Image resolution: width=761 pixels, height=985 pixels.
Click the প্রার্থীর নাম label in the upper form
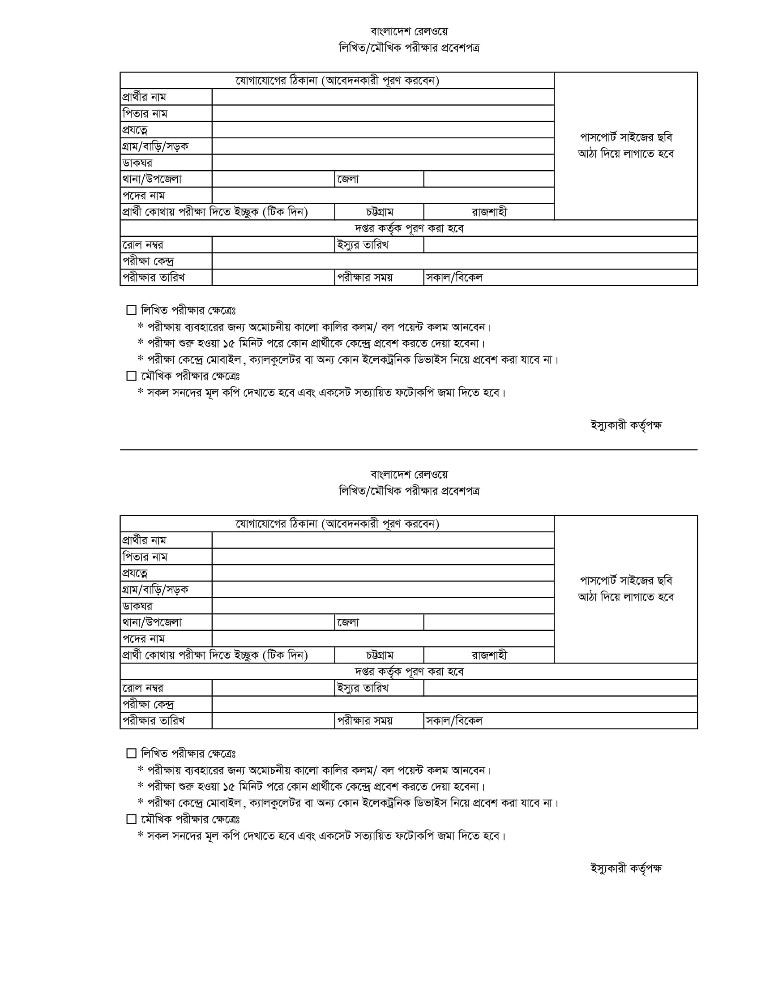click(144, 97)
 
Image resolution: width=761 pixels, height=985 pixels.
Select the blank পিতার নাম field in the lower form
click(383, 557)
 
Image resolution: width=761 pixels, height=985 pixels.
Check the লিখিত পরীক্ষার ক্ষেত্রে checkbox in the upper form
click(131, 310)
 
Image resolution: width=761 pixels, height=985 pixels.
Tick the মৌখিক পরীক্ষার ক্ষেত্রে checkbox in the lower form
click(131, 818)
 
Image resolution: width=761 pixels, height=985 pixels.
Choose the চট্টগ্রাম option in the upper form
click(379, 212)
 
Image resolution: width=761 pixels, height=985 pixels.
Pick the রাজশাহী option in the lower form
click(489, 655)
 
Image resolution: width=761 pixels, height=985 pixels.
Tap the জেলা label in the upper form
click(348, 179)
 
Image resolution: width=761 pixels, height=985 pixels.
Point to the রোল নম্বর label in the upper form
click(143, 245)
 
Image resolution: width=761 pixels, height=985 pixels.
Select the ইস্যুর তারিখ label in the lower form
click(363, 688)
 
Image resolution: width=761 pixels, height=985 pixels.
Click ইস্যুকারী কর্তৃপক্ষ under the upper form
click(626, 425)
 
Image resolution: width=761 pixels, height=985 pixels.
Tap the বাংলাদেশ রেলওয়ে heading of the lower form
click(409, 475)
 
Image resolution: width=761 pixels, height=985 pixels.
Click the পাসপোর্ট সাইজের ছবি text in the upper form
click(626, 137)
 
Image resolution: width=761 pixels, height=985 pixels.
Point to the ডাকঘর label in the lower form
click(137, 606)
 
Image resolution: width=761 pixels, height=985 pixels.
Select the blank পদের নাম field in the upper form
click(383, 195)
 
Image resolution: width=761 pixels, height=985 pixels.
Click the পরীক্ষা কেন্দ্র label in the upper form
click(148, 261)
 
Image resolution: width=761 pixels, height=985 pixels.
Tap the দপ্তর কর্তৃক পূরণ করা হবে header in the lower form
click(409, 672)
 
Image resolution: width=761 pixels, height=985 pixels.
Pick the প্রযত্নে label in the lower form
click(135, 573)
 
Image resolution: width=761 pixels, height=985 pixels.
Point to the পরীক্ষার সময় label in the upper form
click(365, 278)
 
